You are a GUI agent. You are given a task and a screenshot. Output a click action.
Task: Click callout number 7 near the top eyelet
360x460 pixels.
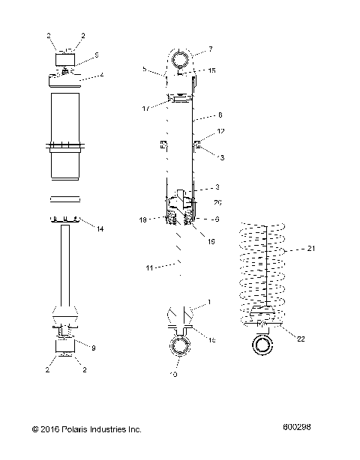pyautogui.click(x=211, y=49)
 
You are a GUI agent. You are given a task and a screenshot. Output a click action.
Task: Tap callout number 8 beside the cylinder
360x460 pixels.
pyautogui.click(x=220, y=116)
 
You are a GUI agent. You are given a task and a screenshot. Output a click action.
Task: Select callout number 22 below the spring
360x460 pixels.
pyautogui.click(x=301, y=338)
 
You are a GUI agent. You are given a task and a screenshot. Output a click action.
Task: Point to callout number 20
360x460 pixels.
pyautogui.click(x=217, y=202)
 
